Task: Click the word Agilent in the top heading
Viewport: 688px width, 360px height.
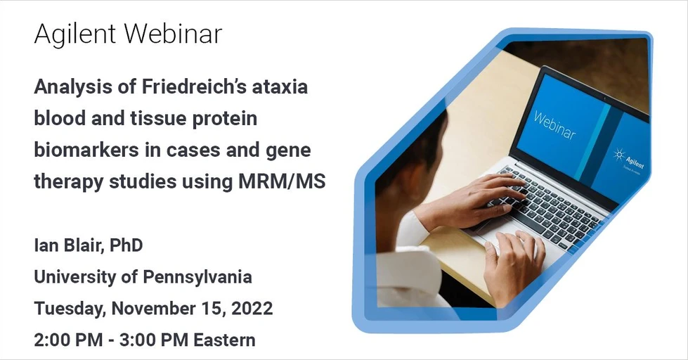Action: [74, 34]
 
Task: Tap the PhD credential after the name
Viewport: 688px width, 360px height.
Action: [127, 246]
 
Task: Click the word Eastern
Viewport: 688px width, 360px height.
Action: [224, 340]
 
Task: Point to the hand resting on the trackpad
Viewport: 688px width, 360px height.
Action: [514, 264]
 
